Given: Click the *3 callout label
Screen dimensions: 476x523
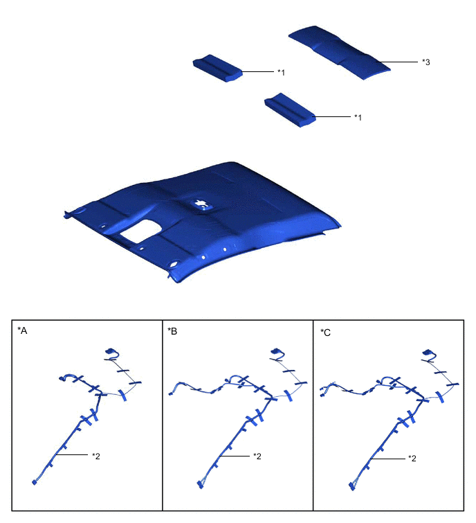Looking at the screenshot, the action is point(425,62).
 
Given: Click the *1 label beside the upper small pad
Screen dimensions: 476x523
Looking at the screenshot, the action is point(281,72).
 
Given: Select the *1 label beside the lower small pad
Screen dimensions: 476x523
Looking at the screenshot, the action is point(358,117).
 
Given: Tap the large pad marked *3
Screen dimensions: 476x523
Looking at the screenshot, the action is point(339,52).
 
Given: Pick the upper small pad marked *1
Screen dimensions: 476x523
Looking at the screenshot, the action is point(218,68).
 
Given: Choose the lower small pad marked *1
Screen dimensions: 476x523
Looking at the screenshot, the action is point(290,109).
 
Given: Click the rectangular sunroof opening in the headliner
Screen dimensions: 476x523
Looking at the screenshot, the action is point(140,231).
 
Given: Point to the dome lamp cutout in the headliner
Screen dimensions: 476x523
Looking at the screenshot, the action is point(201,204).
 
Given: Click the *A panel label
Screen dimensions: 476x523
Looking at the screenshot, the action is point(22,330).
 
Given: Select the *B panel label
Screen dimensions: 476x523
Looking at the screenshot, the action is point(172,331).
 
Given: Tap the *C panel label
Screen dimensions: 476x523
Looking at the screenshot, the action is point(325,333).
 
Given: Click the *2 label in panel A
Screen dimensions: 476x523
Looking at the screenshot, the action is point(96,456).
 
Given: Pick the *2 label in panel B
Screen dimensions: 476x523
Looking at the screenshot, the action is point(257,456).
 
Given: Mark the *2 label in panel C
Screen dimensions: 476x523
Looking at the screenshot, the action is point(412,459).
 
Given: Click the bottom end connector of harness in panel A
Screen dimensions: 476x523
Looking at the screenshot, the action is point(34,482).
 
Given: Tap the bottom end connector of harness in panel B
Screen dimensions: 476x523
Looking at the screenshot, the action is point(199,485).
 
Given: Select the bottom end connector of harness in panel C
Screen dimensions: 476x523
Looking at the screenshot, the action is point(351,486).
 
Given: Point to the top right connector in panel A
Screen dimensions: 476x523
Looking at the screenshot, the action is point(109,351).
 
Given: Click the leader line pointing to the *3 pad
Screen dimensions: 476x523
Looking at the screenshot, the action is point(396,62).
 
